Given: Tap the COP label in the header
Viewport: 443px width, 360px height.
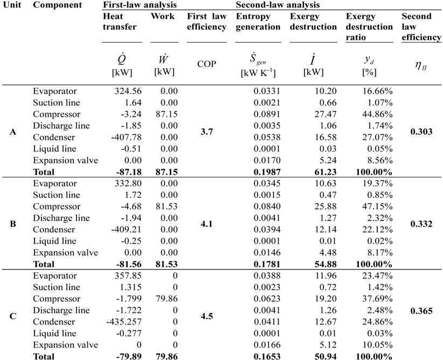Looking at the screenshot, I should click(x=206, y=63).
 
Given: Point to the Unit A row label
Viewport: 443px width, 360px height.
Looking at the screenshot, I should click(x=12, y=131).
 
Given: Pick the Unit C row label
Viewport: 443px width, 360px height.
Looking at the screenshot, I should click(x=12, y=315).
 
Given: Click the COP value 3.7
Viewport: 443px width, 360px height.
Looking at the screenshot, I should click(x=206, y=131).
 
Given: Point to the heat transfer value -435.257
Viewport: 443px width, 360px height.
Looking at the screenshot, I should click(x=123, y=321).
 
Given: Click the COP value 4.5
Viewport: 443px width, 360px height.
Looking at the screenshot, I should click(x=206, y=315).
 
